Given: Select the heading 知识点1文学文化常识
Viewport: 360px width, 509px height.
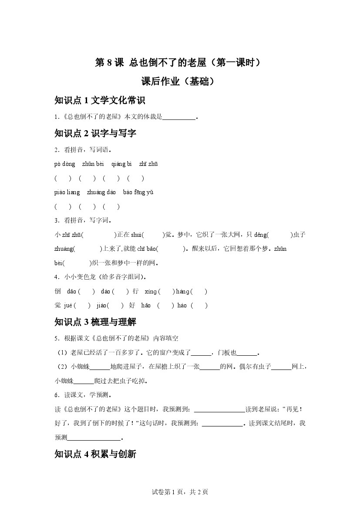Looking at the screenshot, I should tap(100, 101).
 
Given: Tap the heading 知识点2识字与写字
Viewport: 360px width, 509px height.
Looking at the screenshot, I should tap(95, 133).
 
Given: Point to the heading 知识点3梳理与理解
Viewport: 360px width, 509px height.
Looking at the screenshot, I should tap(95, 322).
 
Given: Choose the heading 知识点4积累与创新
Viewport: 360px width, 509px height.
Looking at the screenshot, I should tap(95, 454).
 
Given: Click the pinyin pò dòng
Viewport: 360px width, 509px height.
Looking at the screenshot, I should tap(65, 164).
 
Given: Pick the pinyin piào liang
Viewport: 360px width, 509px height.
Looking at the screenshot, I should tap(67, 192).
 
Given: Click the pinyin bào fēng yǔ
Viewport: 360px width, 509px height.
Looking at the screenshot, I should tap(138, 192).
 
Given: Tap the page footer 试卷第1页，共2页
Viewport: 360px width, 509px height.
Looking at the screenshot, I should tap(180, 492).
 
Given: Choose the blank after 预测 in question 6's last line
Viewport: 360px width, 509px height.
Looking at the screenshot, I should tap(94, 438).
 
